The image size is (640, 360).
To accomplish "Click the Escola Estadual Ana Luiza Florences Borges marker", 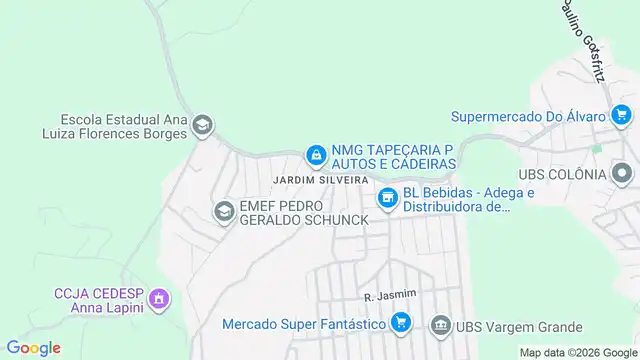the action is click(202, 125).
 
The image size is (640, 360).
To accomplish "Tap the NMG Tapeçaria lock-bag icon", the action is click(316, 154).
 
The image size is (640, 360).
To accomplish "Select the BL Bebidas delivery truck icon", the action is click(387, 200).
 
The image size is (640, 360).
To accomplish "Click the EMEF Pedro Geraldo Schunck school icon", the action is click(223, 211).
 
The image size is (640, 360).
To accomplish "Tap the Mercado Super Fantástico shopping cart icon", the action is click(400, 323).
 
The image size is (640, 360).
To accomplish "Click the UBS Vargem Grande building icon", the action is click(440, 326).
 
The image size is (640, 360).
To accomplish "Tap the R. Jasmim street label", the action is click(389, 296).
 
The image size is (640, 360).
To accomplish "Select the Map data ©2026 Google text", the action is click(577, 352).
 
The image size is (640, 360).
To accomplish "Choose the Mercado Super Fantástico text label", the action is click(304, 324).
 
